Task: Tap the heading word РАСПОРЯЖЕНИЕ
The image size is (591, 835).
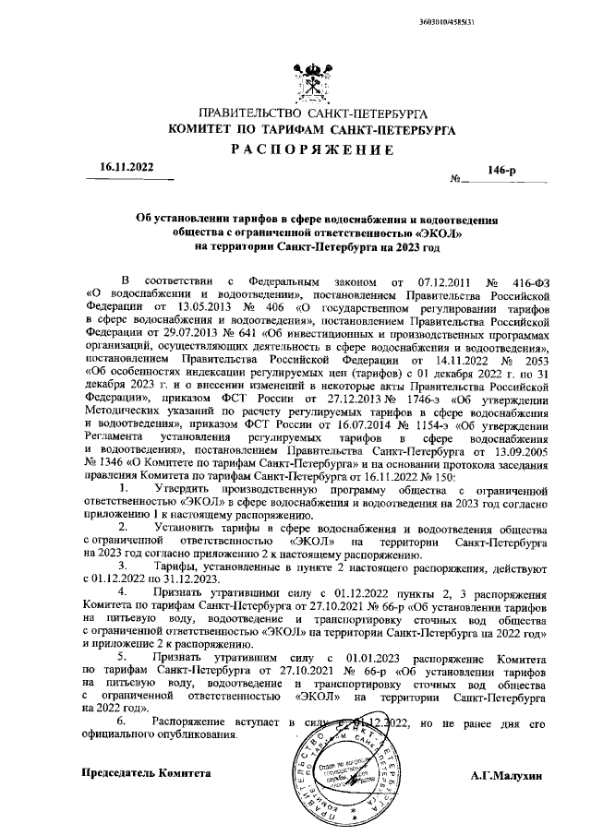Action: pyautogui.click(x=312, y=149)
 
